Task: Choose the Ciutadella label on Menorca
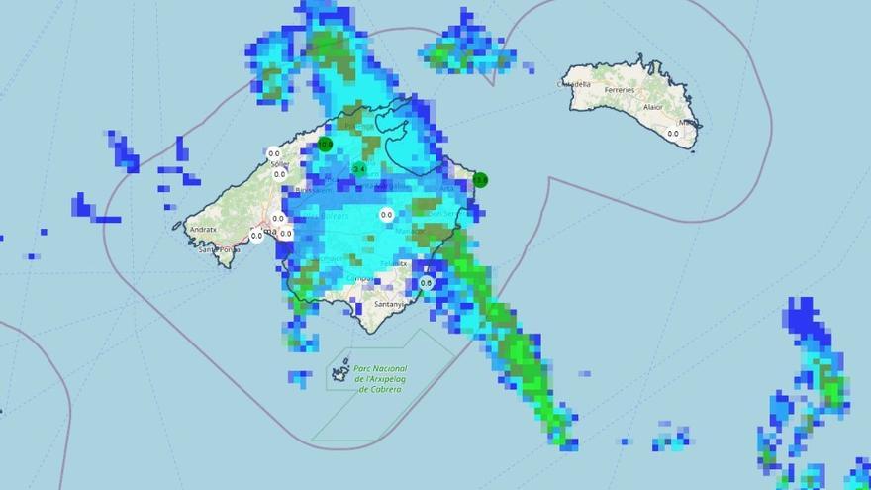click(575, 85)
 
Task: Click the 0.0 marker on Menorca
click(673, 133)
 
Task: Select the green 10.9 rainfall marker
click(325, 145)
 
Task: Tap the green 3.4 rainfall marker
click(358, 169)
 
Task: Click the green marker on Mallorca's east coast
click(480, 180)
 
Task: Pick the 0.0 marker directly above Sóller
click(273, 153)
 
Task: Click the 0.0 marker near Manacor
click(386, 214)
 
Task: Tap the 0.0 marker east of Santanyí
click(426, 283)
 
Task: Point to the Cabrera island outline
click(341, 372)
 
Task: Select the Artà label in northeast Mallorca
click(447, 185)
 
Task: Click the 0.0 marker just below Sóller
click(280, 174)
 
